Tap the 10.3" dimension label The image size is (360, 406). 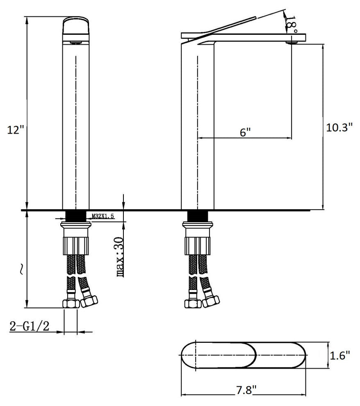[339, 127]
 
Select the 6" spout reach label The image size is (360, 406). [245, 132]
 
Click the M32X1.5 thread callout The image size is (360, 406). [103, 216]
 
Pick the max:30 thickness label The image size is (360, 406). [120, 257]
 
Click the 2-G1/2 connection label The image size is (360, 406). [29, 326]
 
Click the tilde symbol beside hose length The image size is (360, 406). [21, 269]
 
